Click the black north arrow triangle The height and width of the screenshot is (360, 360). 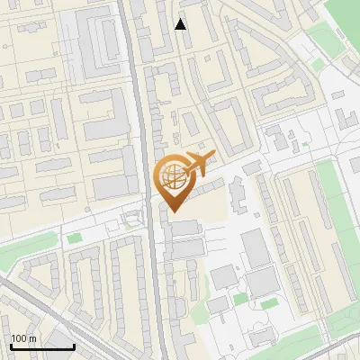pyautogui.click(x=181, y=24)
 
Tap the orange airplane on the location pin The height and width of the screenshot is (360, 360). pyautogui.click(x=198, y=163)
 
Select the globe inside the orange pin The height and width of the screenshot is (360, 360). pyautogui.click(x=173, y=177)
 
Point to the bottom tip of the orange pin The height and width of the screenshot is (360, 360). pyautogui.click(x=173, y=211)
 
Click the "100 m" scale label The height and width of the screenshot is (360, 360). pyautogui.click(x=23, y=338)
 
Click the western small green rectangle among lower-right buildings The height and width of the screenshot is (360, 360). pyautogui.click(x=239, y=299)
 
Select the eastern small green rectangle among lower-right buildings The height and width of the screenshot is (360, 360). pyautogui.click(x=268, y=303)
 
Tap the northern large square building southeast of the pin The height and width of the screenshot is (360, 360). pyautogui.click(x=255, y=248)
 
